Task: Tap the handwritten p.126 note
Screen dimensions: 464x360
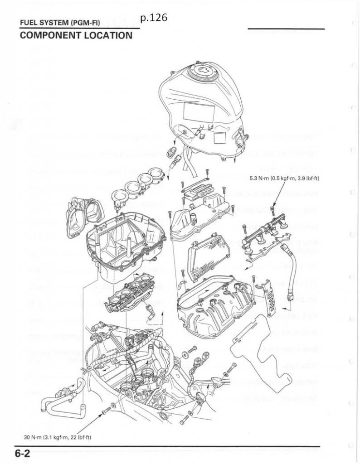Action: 154,18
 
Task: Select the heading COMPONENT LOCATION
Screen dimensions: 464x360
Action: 76,35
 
